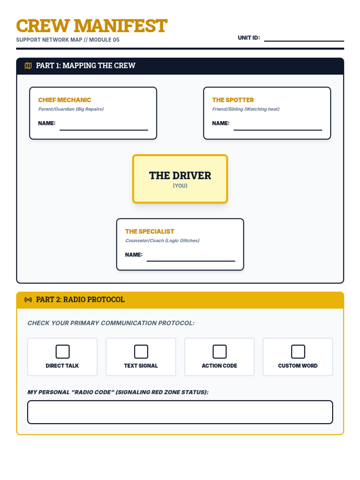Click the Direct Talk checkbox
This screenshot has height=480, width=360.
pos(62,352)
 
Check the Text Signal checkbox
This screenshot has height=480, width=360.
pos(141,352)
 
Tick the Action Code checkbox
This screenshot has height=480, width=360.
pos(220,352)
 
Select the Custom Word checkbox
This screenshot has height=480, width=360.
pos(298,352)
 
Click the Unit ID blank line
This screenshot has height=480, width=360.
pos(304,38)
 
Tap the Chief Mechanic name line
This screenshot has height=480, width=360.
pos(104,127)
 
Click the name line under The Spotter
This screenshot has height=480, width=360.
pos(278,127)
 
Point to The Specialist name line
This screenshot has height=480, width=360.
pos(191,258)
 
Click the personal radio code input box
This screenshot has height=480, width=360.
pos(180,412)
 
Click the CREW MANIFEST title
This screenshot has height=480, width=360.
pos(92,26)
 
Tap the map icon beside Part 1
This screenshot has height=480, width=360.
pos(28,66)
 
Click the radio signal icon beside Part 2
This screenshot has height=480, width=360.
pos(28,300)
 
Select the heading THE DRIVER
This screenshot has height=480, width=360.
pos(180,175)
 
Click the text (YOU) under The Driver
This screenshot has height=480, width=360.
pos(180,186)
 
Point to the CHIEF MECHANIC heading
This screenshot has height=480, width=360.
pos(64,100)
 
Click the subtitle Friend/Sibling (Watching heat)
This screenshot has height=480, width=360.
pos(246,109)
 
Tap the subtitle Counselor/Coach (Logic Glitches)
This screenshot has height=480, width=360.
pos(162,241)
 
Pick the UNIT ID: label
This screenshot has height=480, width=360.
pos(249,38)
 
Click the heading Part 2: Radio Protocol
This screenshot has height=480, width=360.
pos(80,300)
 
